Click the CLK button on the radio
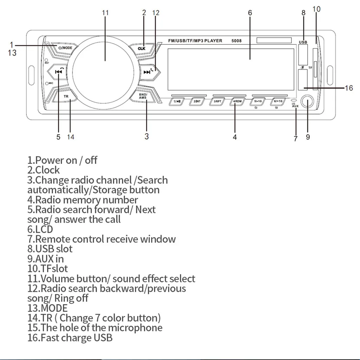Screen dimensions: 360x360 [x=141, y=48]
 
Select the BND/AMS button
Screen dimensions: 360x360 [x=143, y=96]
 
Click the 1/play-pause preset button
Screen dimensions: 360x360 [x=177, y=102]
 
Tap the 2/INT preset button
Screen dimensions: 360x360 [x=197, y=102]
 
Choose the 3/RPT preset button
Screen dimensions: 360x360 [x=217, y=102]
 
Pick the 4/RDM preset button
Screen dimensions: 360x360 [x=238, y=102]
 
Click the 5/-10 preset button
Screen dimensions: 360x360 [x=258, y=102]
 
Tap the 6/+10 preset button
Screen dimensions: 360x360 [x=278, y=102]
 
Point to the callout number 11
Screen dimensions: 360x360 [x=105, y=13]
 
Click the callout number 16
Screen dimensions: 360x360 [x=349, y=88]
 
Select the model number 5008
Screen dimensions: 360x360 [x=236, y=41]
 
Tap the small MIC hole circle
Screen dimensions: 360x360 [x=46, y=83]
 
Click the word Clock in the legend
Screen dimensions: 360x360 [x=47, y=170]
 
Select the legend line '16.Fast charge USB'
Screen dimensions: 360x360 [x=70, y=338]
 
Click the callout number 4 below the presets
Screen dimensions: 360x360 [x=235, y=137]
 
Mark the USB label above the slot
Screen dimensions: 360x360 [x=303, y=42]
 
